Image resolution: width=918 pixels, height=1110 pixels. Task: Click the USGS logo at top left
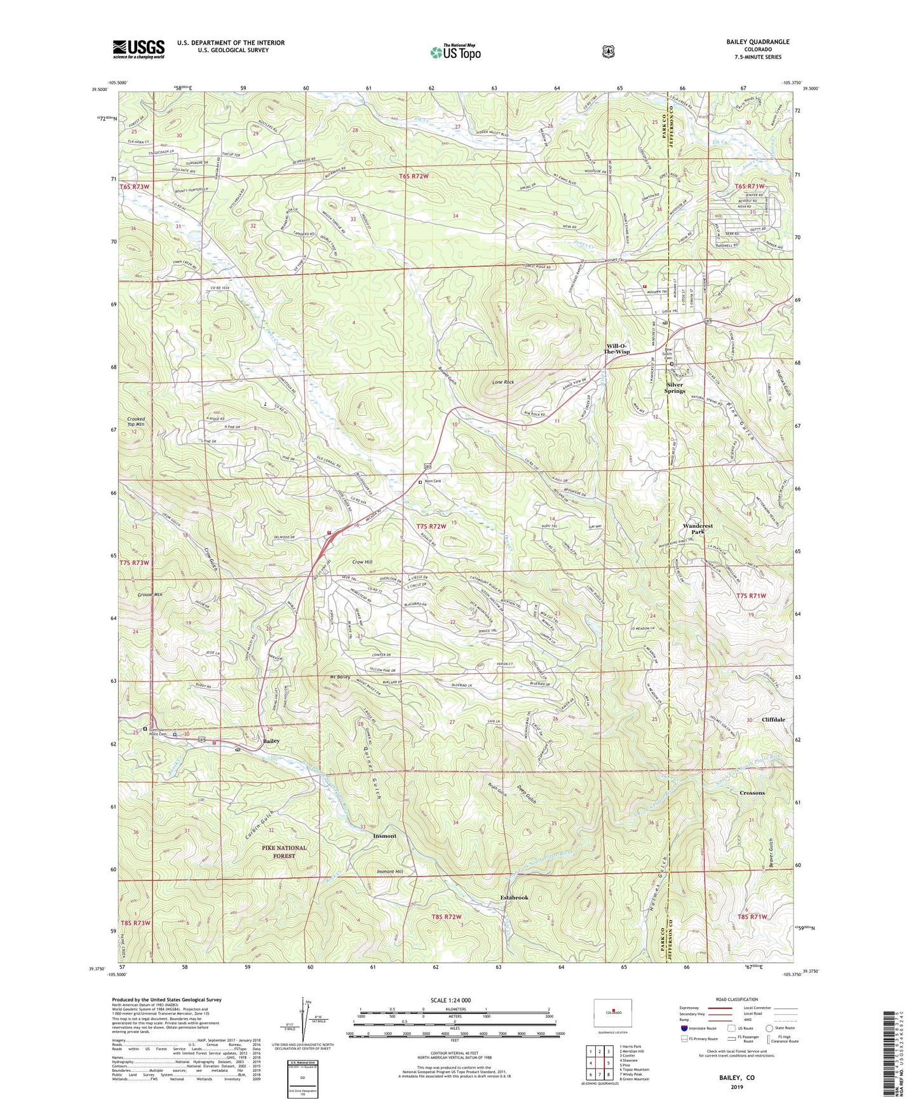(x=138, y=48)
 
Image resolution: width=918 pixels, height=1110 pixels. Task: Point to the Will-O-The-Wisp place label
(x=616, y=348)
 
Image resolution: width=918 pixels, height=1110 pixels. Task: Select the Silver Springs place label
(x=675, y=388)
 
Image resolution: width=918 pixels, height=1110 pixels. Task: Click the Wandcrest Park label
(x=698, y=529)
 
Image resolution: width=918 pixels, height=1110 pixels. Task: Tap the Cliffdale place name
(x=774, y=720)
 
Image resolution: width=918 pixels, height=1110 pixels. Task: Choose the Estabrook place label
(x=514, y=898)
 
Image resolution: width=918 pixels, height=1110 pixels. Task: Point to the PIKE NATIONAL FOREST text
(x=284, y=852)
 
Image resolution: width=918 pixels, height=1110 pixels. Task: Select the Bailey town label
(x=271, y=741)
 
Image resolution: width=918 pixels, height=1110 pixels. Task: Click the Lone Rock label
(x=503, y=382)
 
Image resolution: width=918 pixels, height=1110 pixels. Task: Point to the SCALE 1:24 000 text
(x=450, y=1000)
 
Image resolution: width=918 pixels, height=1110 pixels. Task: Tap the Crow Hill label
(x=361, y=562)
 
